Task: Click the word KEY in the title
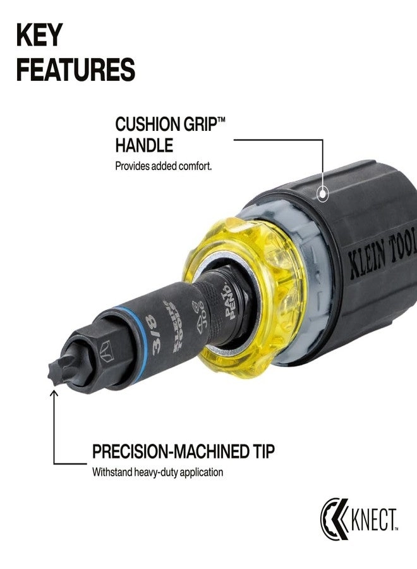(39, 37)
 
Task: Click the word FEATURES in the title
(75, 70)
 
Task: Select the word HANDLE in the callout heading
(143, 145)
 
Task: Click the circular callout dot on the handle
(323, 195)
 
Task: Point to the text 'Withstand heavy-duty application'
(157, 472)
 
